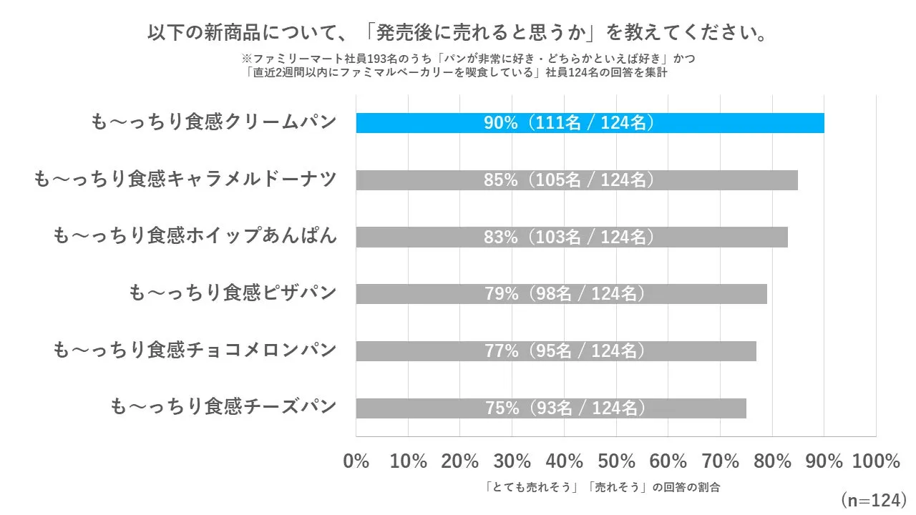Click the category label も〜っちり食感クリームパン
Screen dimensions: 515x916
214,122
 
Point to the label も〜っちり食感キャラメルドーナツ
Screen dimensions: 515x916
185,180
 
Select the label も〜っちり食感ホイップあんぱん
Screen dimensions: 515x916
195,236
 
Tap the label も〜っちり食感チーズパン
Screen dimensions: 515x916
223,408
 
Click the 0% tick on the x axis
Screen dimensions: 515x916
356,461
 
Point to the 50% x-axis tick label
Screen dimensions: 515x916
616,461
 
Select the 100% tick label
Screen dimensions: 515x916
877,461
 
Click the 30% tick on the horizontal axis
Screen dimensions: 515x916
512,461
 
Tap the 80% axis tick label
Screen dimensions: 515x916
772,461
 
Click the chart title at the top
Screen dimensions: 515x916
458,34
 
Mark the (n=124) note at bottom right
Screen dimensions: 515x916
873,499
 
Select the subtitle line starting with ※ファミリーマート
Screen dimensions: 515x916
469,59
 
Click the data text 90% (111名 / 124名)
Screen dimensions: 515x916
569,123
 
